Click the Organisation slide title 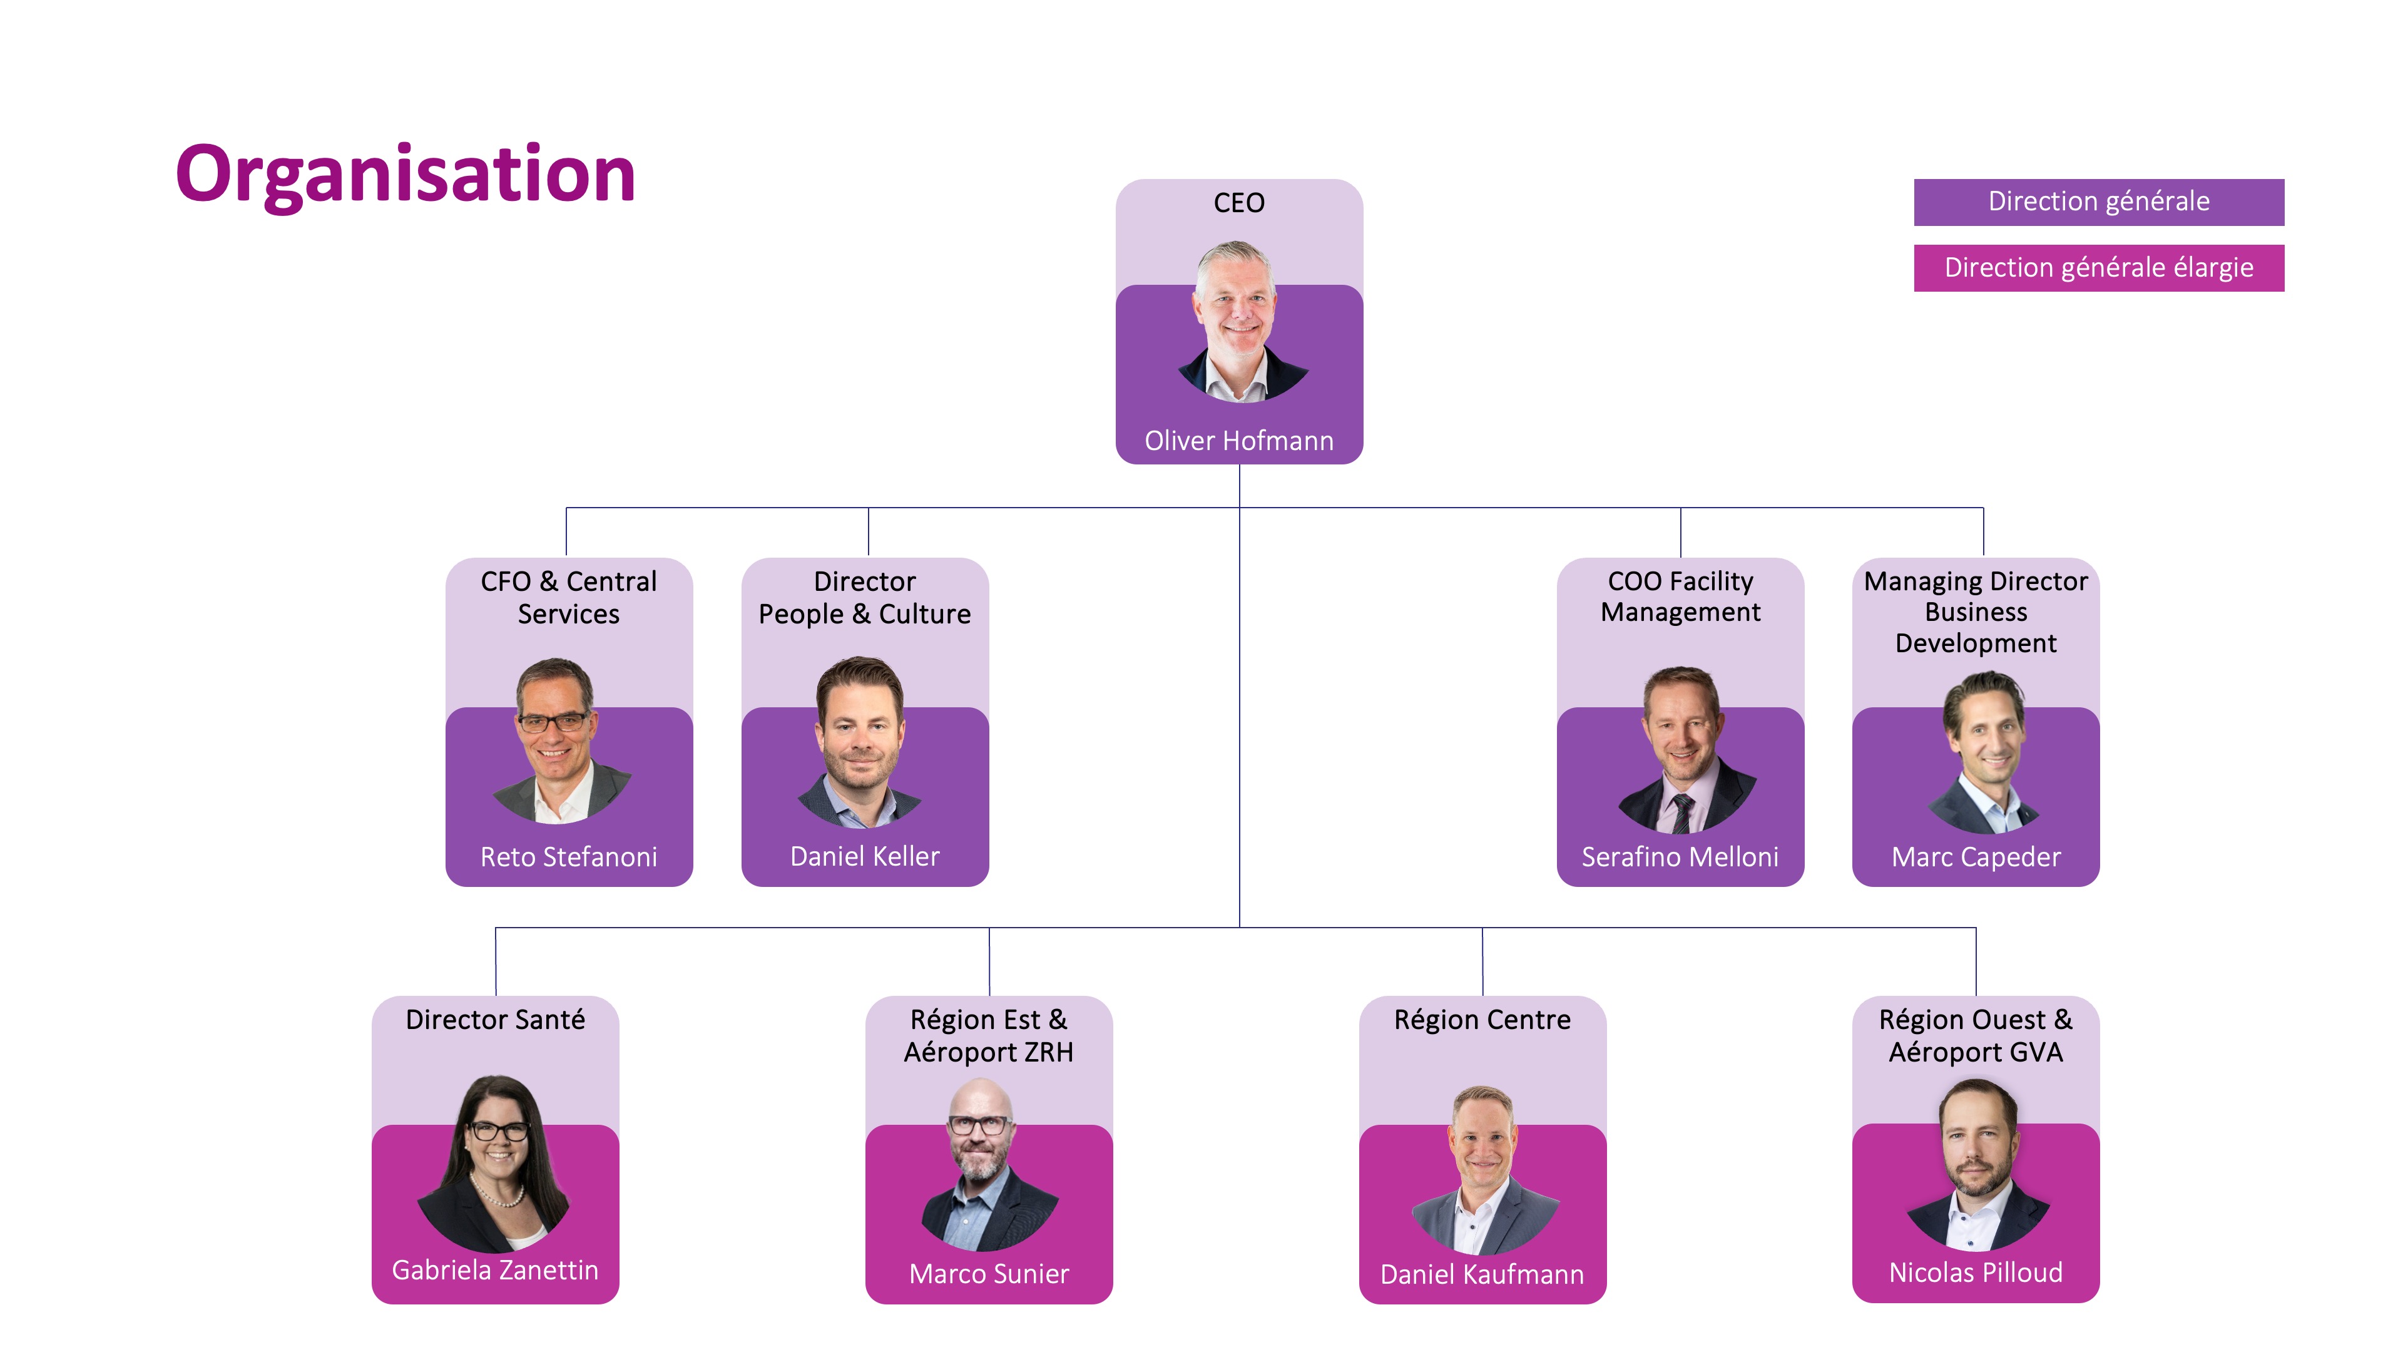405,175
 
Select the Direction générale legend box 2098,202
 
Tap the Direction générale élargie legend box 2098,268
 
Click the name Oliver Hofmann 1239,441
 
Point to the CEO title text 1239,202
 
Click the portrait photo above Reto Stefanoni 559,742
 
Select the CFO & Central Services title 568,597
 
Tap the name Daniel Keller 865,856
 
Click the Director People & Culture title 865,597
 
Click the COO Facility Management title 1680,597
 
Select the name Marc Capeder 1976,856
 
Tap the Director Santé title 496,1019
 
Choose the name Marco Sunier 989,1274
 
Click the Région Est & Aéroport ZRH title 989,1036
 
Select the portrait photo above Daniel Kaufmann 1482,1171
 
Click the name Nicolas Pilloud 1976,1273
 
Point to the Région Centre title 1482,1019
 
